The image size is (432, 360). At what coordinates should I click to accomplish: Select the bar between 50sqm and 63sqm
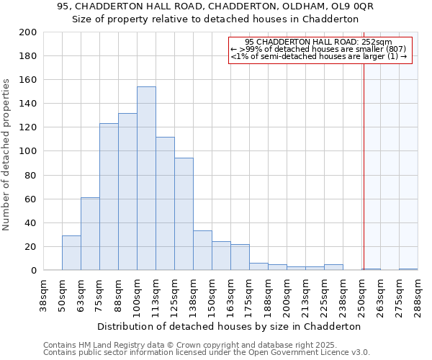tap(71, 253)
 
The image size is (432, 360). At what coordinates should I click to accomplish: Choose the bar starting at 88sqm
tap(127, 192)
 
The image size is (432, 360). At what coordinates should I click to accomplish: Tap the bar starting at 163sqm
tap(240, 257)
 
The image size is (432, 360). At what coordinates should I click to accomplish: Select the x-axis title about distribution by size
tap(229, 326)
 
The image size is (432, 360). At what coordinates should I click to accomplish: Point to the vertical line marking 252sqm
tap(364, 166)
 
